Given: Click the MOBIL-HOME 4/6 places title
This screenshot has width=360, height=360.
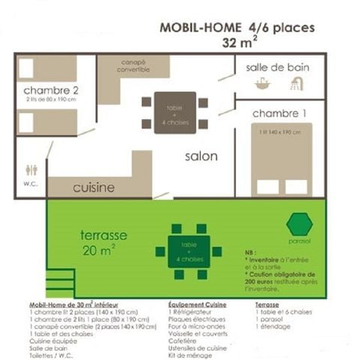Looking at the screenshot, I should click(x=238, y=28).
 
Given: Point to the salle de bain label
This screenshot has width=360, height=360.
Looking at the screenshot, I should click(x=277, y=67).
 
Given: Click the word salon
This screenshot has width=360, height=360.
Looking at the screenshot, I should click(x=202, y=157).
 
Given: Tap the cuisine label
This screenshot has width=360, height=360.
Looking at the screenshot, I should click(x=94, y=187).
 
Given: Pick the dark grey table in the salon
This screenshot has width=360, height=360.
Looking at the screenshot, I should click(x=175, y=113).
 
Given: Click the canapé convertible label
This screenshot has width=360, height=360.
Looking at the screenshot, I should click(x=134, y=66).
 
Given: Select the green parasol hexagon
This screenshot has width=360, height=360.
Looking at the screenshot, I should click(x=299, y=223).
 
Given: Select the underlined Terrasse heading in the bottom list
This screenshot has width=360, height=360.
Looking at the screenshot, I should click(x=268, y=305).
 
